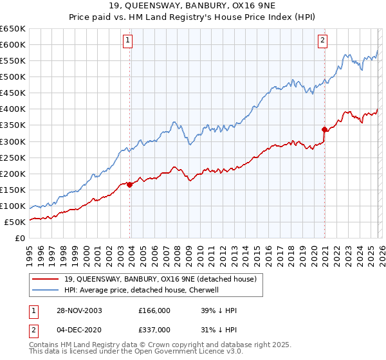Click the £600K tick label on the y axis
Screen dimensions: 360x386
(13, 44)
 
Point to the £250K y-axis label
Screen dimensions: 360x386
(13, 157)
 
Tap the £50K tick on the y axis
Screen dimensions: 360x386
(15, 222)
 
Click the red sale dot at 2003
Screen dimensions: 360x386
(130, 184)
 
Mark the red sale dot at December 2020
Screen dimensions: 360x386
(324, 129)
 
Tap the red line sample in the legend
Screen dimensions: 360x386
(46, 279)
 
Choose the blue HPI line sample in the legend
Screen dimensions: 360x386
(46, 290)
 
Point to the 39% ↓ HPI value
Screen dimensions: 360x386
(219, 310)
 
